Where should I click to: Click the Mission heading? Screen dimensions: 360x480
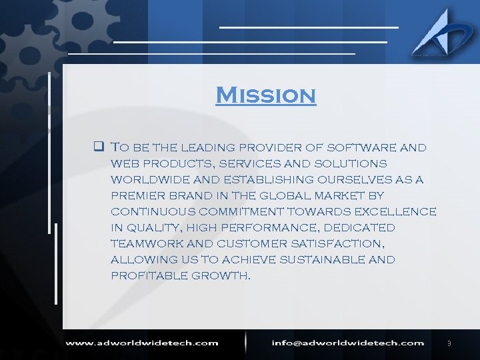(x=265, y=95)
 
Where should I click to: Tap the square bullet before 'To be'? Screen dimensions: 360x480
(x=97, y=147)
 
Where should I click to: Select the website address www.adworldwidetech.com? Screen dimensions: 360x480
(x=141, y=343)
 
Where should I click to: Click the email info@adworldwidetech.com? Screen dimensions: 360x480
(x=347, y=343)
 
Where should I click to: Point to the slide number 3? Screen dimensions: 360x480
(x=449, y=343)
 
